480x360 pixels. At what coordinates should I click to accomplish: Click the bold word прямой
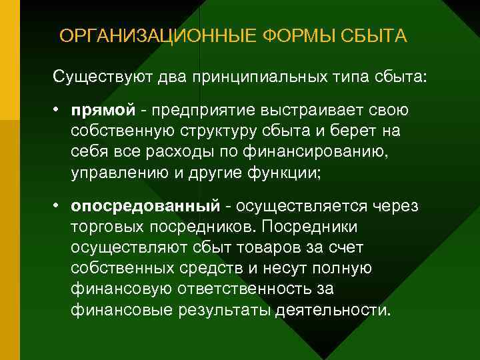(x=104, y=109)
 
